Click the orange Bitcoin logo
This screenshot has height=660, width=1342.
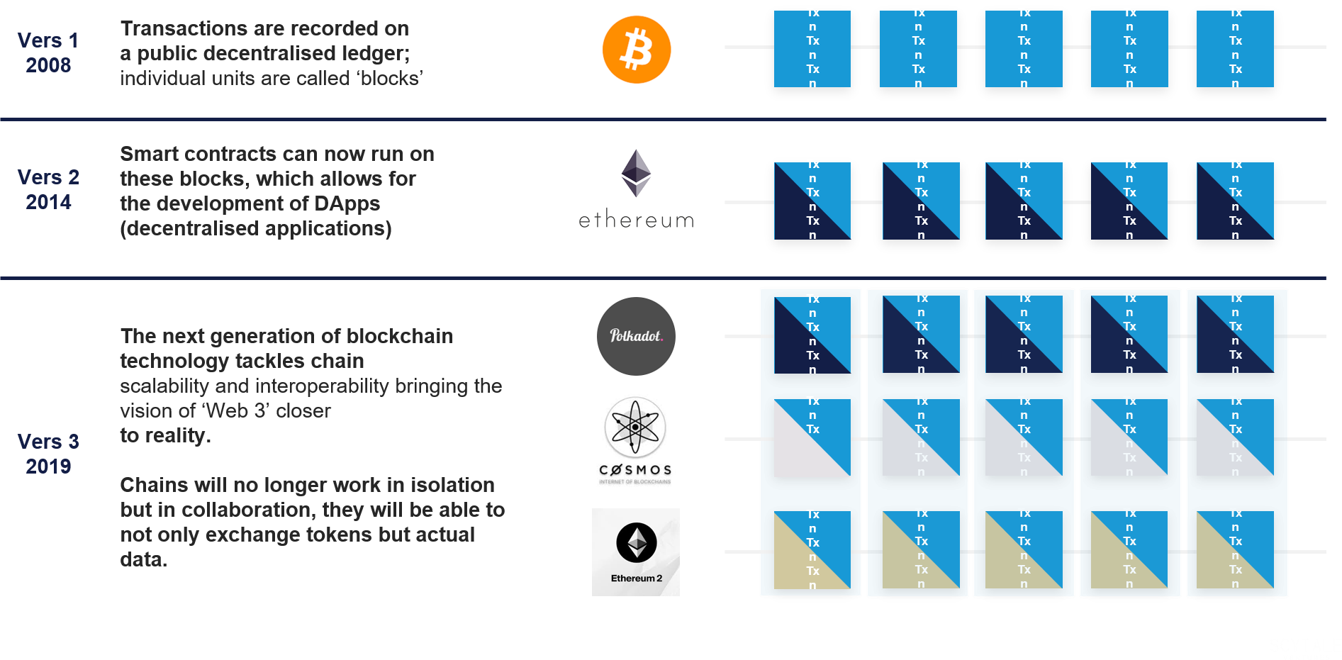pos(636,51)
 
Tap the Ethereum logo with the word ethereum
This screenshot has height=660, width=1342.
pos(636,189)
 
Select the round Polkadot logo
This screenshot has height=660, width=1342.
pos(636,336)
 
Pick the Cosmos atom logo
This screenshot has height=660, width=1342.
pos(635,441)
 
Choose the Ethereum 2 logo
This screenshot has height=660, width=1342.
pos(636,552)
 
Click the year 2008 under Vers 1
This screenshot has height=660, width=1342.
pos(48,65)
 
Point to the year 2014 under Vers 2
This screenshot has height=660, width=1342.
pos(48,202)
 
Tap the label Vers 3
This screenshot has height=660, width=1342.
pos(48,442)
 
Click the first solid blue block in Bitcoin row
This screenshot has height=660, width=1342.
pos(812,49)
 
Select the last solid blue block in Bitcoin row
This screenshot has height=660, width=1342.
pos(1235,49)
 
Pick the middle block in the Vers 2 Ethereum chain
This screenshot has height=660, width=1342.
pos(1024,201)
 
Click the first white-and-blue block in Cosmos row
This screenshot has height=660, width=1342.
pos(812,438)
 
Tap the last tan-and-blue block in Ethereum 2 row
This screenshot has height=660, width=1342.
pos(1235,550)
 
